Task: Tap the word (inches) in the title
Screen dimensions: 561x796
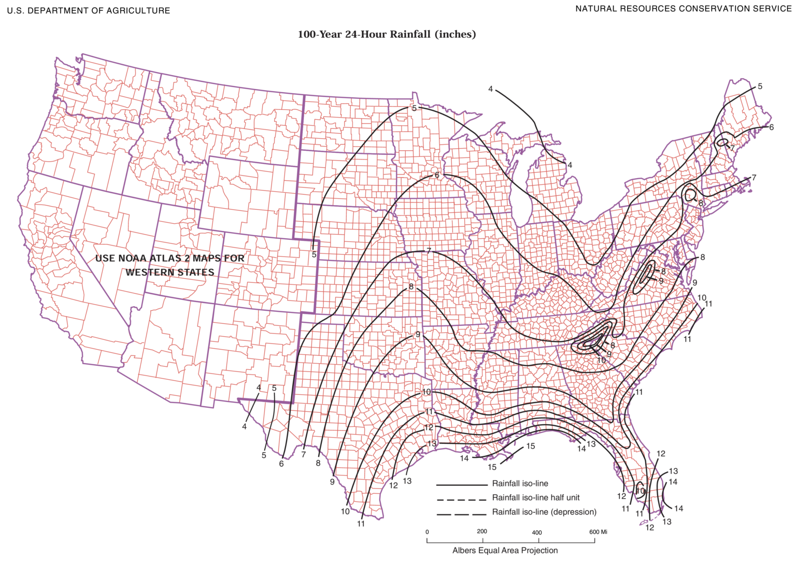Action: coord(455,34)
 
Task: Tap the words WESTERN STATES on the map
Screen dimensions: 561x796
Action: coord(169,272)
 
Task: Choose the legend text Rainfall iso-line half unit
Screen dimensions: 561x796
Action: coord(536,497)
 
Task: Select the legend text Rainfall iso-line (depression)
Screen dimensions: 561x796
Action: coord(544,512)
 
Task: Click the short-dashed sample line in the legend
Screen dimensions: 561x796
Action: coord(461,499)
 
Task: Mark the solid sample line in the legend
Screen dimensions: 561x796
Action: coord(461,485)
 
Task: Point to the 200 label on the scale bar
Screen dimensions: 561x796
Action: coord(481,531)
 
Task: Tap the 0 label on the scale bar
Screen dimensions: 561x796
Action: coord(427,532)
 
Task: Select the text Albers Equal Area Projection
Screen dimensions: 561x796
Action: coord(505,550)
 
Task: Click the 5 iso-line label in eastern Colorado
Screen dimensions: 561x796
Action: coord(314,254)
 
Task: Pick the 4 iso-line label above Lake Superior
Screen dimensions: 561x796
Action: coord(490,89)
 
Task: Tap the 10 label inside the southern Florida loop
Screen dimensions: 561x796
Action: coord(640,491)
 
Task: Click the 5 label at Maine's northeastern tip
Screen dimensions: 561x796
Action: coord(760,87)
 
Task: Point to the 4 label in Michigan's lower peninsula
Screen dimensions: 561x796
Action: coord(570,165)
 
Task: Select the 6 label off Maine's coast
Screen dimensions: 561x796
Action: coord(771,127)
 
